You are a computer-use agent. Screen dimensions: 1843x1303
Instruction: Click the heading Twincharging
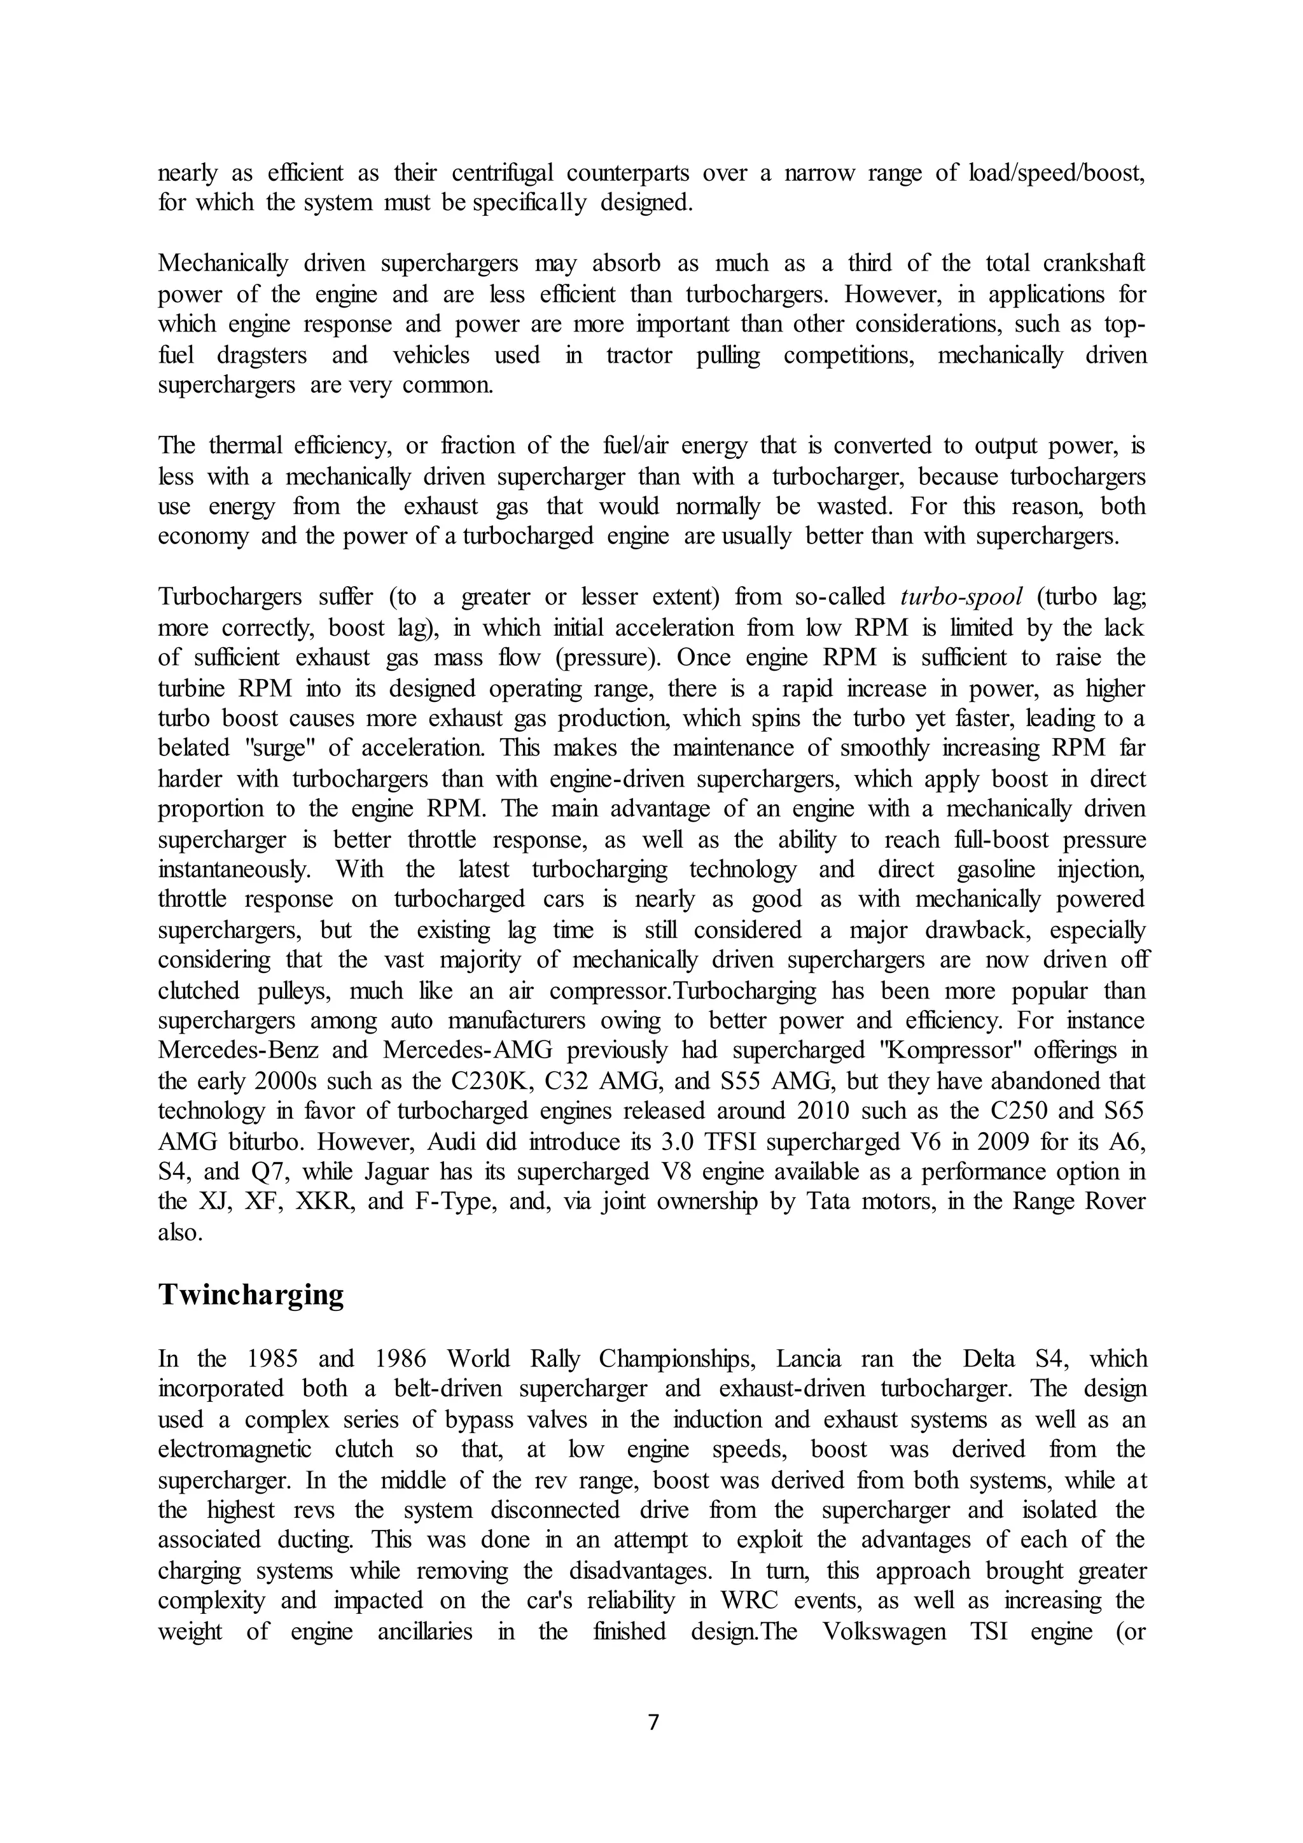pos(250,1295)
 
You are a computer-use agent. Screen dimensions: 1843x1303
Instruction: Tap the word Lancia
pos(809,1359)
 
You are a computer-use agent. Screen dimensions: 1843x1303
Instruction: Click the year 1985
pos(273,1359)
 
